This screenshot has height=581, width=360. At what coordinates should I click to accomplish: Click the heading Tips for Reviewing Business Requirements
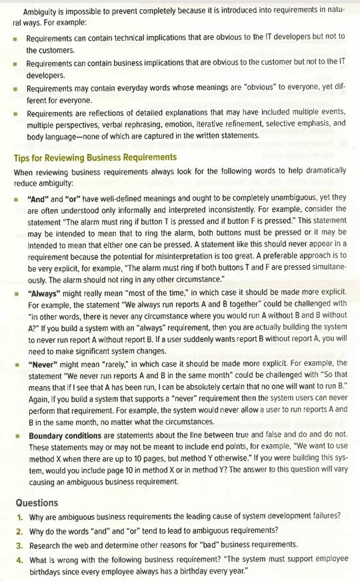point(95,157)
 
